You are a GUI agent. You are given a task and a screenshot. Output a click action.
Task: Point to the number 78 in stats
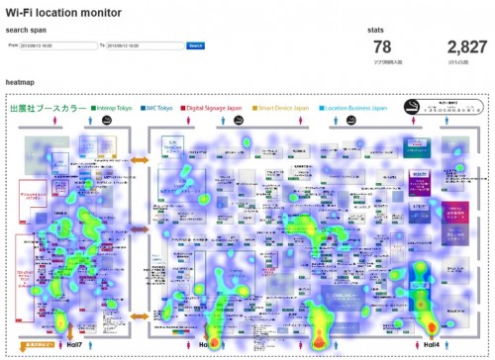[382, 46]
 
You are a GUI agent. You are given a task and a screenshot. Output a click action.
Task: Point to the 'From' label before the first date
[13, 45]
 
